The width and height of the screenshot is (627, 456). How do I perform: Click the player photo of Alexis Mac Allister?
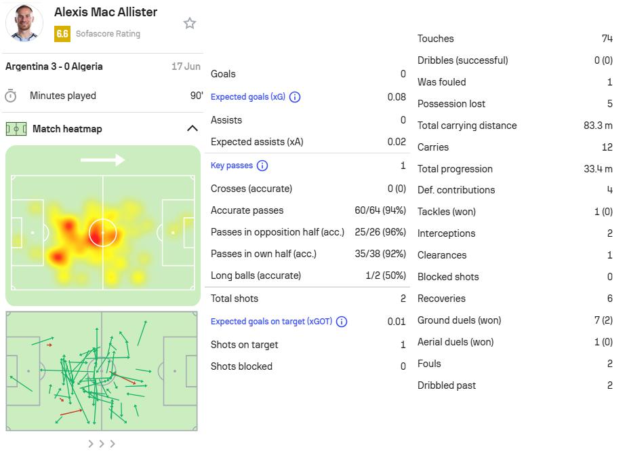24,23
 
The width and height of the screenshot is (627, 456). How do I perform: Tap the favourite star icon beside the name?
190,23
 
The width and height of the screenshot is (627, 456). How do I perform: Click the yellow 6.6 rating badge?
62,34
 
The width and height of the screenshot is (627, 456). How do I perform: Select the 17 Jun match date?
186,66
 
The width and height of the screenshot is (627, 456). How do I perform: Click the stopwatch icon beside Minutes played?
11,96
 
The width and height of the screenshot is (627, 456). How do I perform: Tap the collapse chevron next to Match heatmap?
193,128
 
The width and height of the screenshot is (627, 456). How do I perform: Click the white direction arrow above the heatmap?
103,159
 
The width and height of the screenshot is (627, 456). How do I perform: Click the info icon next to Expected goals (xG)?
295,97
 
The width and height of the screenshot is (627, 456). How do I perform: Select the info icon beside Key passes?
262,166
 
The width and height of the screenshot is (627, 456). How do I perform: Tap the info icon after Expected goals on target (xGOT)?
342,322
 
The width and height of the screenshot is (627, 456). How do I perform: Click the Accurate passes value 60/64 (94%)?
380,210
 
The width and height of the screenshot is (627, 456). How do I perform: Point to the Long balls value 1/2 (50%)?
386,275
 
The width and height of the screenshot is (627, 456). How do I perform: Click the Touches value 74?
607,39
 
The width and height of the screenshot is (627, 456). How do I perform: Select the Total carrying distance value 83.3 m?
598,126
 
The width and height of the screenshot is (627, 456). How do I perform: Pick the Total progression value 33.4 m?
598,169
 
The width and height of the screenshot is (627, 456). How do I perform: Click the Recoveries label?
441,299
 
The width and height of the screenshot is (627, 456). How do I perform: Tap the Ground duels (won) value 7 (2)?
603,320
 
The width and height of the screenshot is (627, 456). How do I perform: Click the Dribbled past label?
447,385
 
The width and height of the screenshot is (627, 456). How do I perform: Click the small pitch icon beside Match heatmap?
16,129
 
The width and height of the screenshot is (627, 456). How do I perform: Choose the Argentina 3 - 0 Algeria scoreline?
54,66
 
